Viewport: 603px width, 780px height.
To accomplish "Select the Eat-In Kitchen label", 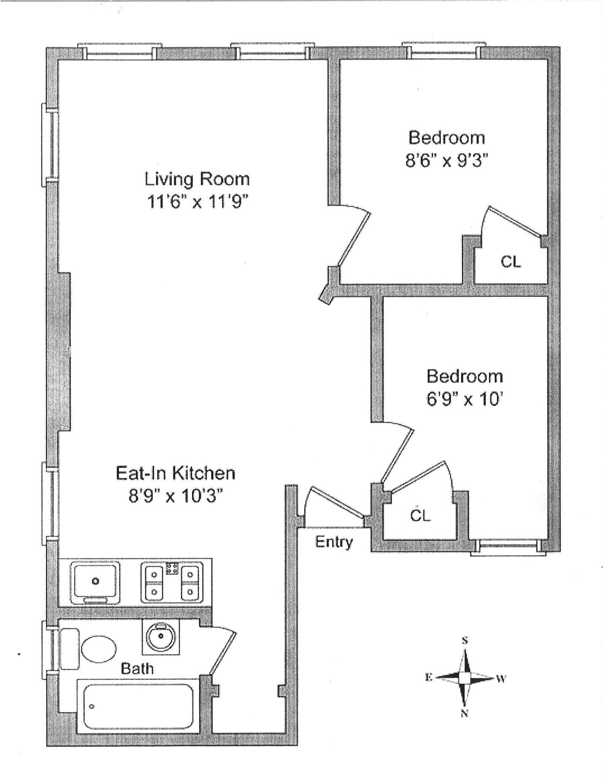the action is coord(175,473).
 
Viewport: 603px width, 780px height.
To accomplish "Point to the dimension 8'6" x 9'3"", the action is coord(447,161).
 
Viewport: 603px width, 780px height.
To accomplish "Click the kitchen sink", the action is coord(95,581).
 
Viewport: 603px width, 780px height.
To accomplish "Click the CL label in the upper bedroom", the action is coord(511,262).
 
